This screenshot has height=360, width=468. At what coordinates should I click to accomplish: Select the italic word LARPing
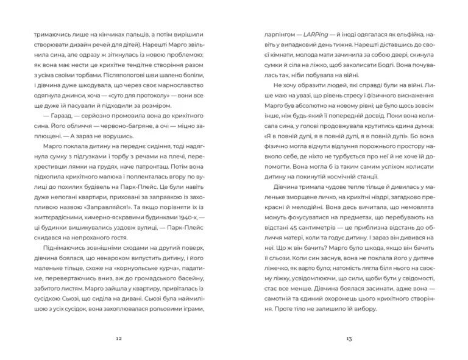316,35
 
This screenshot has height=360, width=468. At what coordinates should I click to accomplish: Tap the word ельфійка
411,35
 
